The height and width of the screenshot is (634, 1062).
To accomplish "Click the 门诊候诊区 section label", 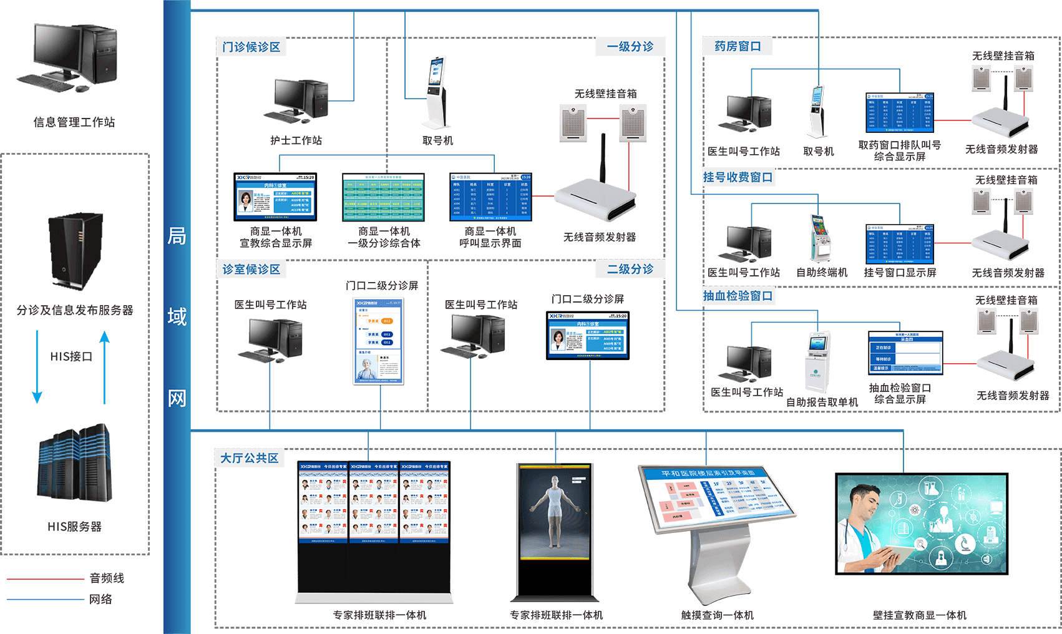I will [x=251, y=47].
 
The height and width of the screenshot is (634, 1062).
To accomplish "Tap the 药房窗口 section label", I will [x=738, y=46].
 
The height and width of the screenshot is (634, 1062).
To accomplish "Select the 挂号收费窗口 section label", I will [x=738, y=177].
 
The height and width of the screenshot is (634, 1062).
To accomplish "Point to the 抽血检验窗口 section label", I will [x=738, y=296].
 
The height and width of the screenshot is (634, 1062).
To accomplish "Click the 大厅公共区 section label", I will [x=249, y=458].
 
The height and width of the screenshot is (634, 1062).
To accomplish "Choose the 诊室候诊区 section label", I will [x=251, y=269].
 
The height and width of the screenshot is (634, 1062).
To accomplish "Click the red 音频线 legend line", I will [x=45, y=579].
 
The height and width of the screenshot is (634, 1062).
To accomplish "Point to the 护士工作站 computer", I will [x=297, y=100].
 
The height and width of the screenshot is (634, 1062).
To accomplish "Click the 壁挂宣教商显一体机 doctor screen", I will [x=922, y=524].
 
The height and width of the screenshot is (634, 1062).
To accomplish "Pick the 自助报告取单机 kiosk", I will [x=818, y=362].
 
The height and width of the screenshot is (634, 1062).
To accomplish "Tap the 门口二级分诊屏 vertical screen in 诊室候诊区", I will [x=378, y=341].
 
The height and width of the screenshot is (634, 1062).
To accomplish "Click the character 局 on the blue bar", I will [x=177, y=236].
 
